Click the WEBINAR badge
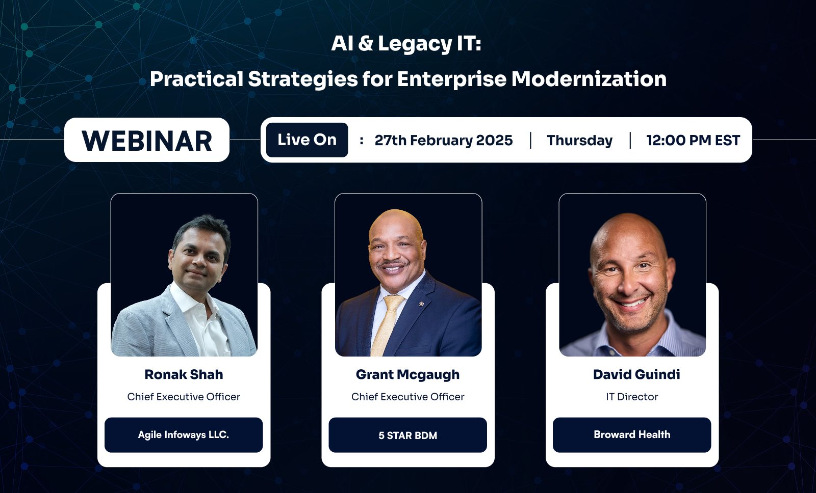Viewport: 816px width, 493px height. (147, 140)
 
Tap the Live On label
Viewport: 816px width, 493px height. (307, 140)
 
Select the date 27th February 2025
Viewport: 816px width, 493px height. (444, 141)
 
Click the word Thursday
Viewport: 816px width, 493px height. (579, 141)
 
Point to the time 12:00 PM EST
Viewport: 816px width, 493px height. (693, 141)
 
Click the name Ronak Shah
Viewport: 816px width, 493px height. (184, 374)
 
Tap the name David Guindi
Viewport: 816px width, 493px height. (636, 374)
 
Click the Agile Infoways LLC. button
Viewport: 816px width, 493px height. (184, 435)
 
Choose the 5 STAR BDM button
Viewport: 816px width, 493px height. (407, 435)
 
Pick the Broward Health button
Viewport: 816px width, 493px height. (632, 435)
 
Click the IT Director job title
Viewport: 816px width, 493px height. (632, 397)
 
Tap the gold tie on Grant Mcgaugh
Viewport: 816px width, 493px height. (386, 324)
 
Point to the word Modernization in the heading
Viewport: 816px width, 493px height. (589, 79)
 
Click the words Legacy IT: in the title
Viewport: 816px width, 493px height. (430, 44)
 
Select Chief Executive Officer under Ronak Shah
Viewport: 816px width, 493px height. (184, 397)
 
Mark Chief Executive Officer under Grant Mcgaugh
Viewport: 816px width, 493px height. (407, 397)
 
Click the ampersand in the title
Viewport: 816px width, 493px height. (366, 43)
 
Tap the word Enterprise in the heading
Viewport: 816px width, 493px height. (452, 79)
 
